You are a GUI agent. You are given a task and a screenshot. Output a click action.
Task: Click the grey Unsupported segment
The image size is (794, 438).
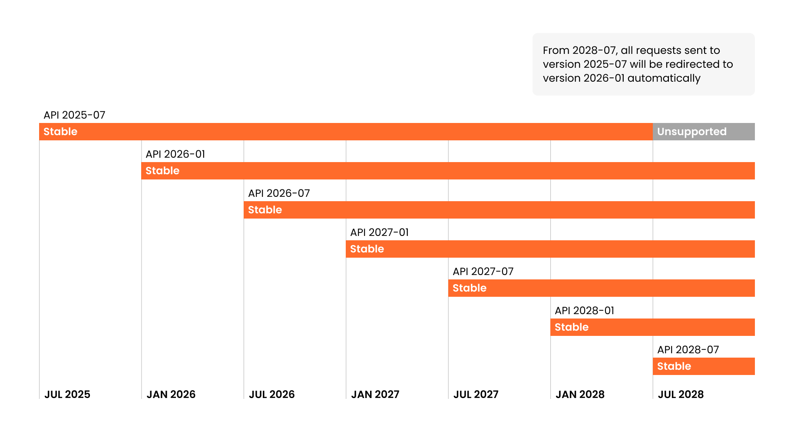click(703, 132)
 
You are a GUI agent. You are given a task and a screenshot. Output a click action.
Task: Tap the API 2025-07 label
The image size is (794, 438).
click(74, 115)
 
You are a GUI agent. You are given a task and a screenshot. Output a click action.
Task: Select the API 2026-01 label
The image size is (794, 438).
click(175, 154)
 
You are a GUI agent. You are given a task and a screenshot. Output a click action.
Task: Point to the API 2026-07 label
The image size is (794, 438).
click(279, 193)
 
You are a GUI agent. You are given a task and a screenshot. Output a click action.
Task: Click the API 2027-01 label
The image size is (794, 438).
click(379, 232)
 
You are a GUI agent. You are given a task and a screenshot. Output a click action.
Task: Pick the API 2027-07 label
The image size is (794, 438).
click(483, 272)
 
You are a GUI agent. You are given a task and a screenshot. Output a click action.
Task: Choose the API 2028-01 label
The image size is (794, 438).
click(584, 311)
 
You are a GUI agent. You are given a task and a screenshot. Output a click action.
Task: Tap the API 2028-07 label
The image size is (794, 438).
click(688, 350)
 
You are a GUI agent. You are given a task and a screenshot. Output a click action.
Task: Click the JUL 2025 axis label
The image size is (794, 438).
click(67, 395)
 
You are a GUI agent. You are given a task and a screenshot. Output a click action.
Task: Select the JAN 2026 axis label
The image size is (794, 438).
click(171, 395)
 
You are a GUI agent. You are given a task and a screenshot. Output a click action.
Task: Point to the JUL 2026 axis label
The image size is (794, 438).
click(271, 395)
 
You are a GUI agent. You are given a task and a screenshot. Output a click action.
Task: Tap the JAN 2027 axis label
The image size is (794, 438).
click(375, 395)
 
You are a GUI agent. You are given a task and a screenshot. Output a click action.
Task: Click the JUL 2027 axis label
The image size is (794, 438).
click(476, 395)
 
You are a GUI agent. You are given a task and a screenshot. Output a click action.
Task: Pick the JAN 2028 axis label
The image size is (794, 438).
click(580, 395)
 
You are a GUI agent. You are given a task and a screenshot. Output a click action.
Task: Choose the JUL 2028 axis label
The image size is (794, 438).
click(681, 395)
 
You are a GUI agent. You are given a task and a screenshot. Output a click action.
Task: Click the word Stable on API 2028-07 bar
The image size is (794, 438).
click(674, 366)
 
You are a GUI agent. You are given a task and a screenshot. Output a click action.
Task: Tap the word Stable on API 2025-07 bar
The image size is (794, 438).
click(60, 132)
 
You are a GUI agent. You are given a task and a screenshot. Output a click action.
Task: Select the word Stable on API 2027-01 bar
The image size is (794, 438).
click(367, 249)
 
